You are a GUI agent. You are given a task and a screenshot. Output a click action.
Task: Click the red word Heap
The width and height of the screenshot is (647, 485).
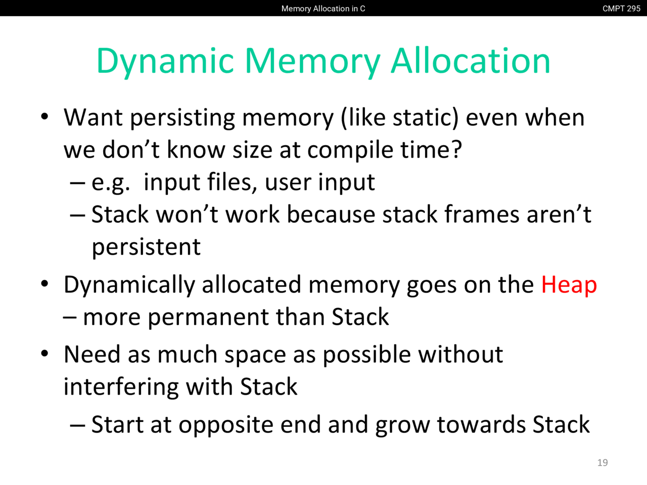click(x=569, y=285)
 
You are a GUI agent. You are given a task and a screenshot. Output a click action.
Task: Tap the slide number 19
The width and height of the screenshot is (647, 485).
click(x=603, y=463)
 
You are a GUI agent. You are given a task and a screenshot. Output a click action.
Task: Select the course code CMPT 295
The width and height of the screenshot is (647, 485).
click(x=621, y=9)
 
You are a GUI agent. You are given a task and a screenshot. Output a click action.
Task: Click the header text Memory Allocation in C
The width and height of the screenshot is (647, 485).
click(x=323, y=9)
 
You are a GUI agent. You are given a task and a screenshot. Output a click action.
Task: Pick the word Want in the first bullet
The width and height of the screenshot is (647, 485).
click(x=93, y=118)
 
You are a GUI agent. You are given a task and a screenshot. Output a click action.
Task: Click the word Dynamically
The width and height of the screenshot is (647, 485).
click(x=129, y=285)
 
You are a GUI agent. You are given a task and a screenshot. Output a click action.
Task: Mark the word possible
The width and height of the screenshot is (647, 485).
click(x=366, y=355)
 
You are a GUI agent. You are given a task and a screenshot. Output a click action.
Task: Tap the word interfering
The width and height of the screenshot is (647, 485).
click(x=121, y=387)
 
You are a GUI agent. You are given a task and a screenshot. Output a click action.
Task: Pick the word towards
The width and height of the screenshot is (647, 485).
click(x=481, y=425)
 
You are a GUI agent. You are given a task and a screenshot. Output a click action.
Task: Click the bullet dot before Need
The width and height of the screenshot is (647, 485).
click(x=44, y=353)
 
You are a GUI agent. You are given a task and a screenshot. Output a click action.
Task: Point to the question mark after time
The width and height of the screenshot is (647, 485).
click(x=456, y=149)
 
